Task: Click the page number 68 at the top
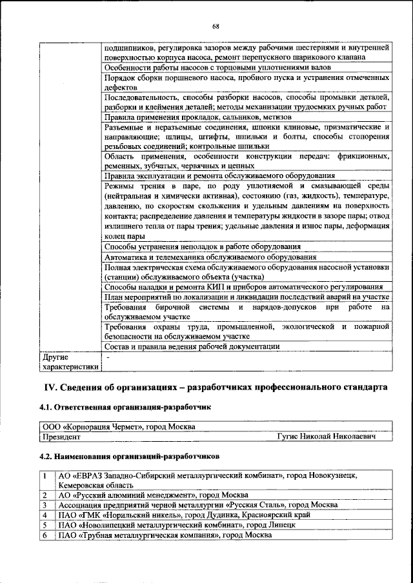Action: [215, 26]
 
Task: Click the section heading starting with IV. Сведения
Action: [215, 387]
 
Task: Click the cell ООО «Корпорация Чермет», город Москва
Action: [118, 427]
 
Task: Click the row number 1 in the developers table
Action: [45, 475]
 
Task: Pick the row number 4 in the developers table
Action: [45, 515]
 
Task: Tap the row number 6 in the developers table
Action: [45, 535]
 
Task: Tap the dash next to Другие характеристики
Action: [108, 356]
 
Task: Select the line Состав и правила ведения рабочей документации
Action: [192, 346]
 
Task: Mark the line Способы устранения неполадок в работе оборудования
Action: [202, 246]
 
